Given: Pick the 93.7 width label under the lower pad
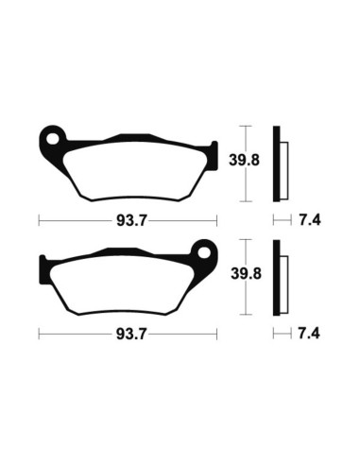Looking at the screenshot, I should [x=128, y=334].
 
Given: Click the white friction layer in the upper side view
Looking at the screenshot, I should [x=283, y=163].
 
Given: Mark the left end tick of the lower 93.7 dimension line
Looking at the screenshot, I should [x=39, y=334].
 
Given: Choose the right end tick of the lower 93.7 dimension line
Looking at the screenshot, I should [x=216, y=334].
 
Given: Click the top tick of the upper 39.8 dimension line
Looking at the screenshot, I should [x=246, y=126].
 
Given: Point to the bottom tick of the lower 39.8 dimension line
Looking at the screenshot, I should [x=246, y=314].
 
